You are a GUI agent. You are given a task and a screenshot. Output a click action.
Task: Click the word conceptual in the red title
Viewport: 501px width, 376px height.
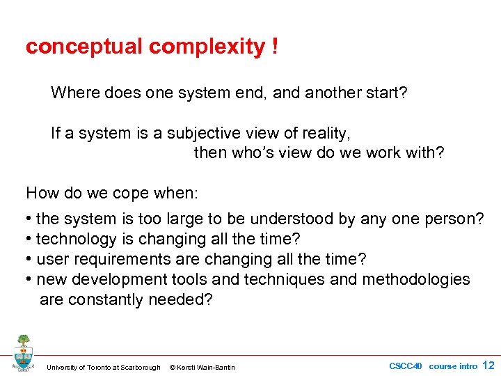(84, 47)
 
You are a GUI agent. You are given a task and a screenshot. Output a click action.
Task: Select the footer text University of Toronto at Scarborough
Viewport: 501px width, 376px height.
(103, 367)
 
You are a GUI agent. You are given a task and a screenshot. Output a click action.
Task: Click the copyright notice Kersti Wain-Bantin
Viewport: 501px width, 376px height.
(202, 367)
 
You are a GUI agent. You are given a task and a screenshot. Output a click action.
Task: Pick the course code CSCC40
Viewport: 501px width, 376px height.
(405, 366)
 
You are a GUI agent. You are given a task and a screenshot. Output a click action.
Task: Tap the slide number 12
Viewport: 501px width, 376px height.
(488, 365)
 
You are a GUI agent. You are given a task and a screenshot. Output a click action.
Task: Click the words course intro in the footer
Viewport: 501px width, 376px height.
(453, 366)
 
